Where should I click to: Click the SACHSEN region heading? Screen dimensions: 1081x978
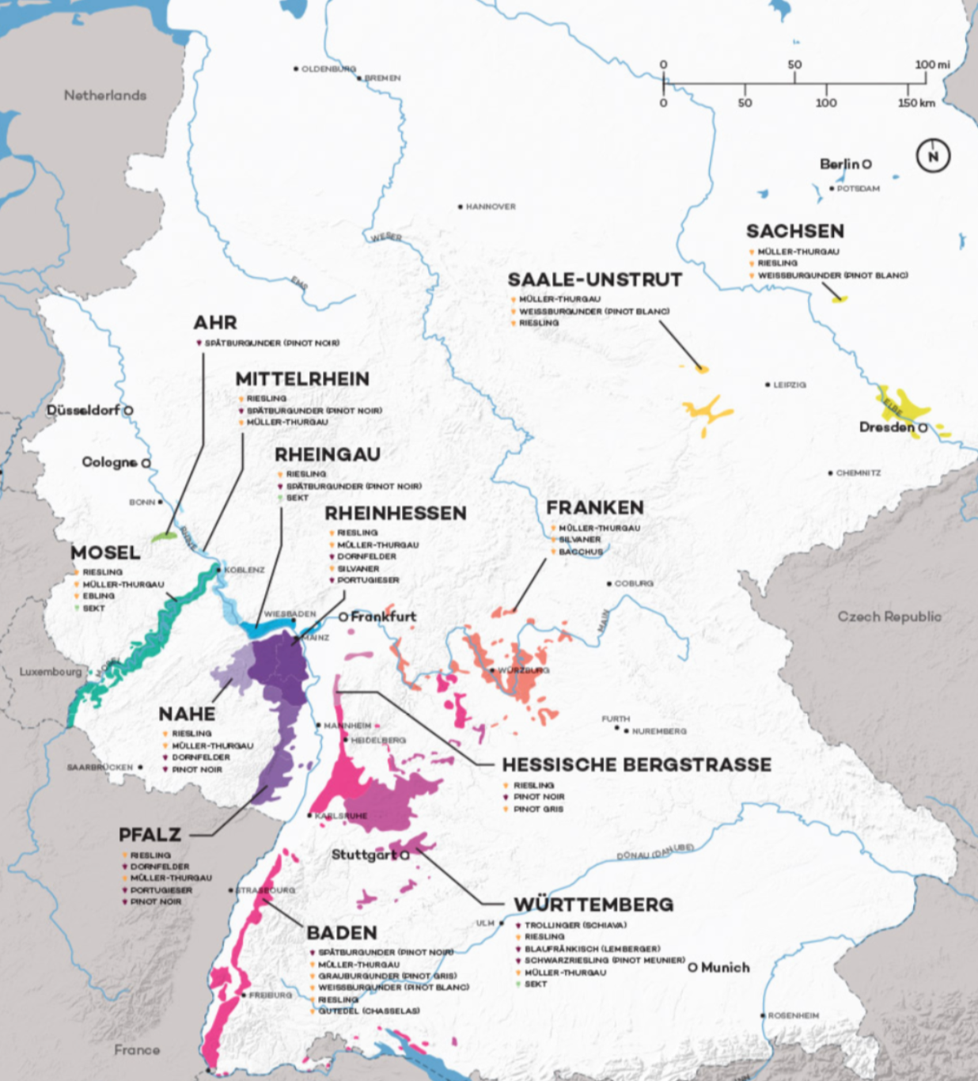tap(794, 231)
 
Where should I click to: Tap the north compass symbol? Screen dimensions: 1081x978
tap(933, 156)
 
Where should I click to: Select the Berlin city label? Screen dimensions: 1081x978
tap(840, 164)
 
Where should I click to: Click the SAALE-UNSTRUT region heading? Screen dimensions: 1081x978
tap(594, 279)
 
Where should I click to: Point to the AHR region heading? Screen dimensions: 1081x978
tap(214, 322)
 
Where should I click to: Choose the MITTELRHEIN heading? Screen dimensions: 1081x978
tap(302, 379)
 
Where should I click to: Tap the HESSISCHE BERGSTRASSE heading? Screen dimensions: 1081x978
tap(636, 764)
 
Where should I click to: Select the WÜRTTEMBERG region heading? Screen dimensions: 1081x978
tap(593, 905)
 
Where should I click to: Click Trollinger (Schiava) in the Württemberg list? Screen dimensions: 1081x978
tap(575, 925)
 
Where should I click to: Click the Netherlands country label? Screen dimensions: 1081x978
tap(105, 95)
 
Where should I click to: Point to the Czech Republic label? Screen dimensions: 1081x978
tap(889, 616)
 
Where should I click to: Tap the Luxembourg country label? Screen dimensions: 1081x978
tap(51, 672)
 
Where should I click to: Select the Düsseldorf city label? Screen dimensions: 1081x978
tap(83, 410)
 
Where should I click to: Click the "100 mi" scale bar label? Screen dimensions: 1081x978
tap(932, 64)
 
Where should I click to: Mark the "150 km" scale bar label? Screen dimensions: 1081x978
tap(916, 103)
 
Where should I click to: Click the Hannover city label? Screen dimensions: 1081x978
tap(490, 207)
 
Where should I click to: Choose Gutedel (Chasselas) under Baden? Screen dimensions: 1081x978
tap(369, 1011)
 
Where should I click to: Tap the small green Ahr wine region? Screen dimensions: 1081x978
tap(165, 537)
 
